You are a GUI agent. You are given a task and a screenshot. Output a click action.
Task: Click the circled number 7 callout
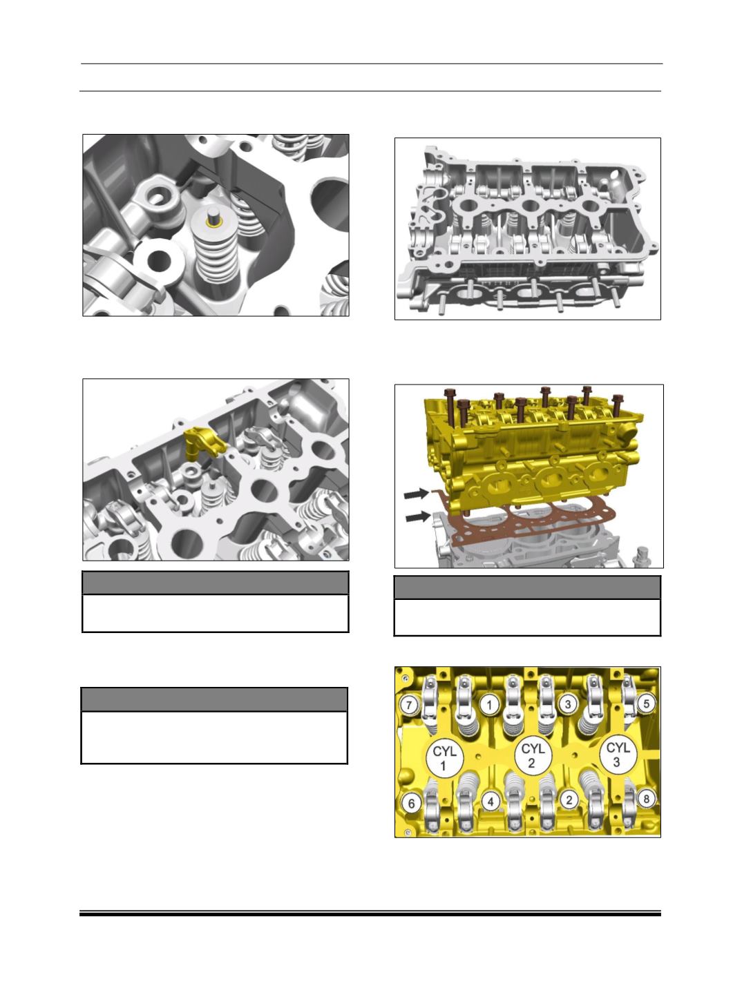coord(409,706)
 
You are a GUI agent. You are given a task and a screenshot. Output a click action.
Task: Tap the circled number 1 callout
coord(489,705)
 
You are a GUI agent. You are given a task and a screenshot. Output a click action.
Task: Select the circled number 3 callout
coord(568,704)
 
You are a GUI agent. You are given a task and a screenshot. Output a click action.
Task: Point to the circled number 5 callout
coord(646,703)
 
